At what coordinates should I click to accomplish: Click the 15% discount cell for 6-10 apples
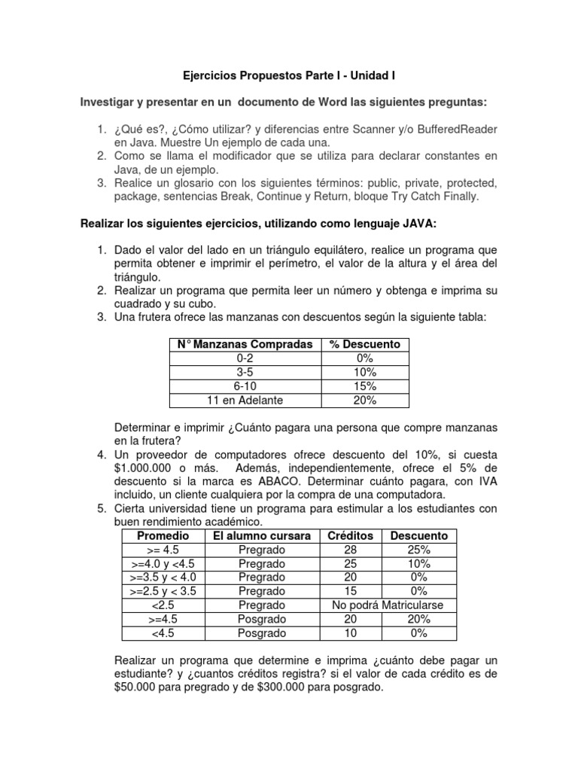click(365, 386)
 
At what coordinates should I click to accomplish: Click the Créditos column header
click(350, 535)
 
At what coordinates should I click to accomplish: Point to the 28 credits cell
click(350, 550)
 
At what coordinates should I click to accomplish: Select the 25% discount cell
click(419, 550)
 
